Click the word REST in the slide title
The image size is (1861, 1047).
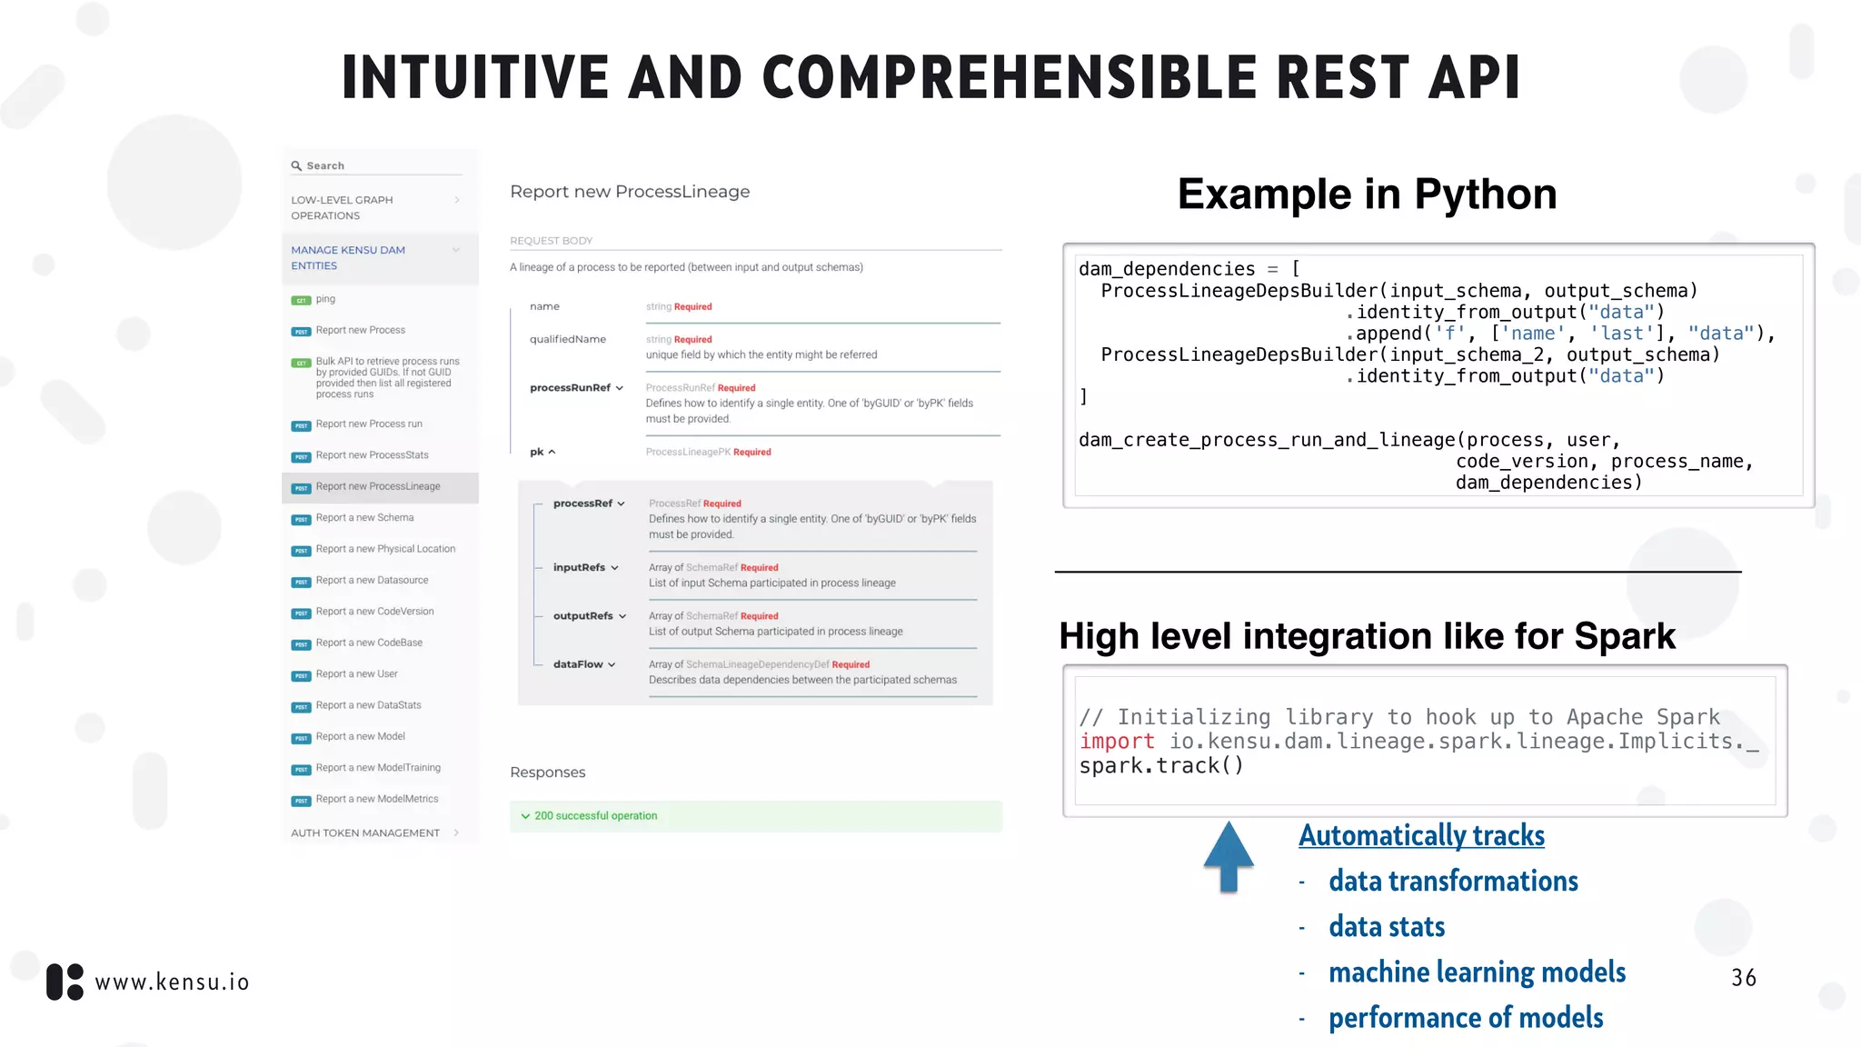[x=1342, y=77]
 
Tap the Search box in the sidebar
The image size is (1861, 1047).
[x=376, y=165]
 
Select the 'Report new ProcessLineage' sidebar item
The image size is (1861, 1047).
[x=378, y=487]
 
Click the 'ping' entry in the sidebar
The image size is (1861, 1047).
[x=325, y=299]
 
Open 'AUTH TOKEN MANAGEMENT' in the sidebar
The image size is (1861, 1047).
[x=365, y=833]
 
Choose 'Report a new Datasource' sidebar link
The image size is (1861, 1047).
[x=372, y=581]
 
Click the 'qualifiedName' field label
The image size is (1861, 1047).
[x=567, y=339]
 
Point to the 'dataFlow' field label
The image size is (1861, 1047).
[x=578, y=664]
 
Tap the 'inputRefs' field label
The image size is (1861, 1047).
[x=579, y=567]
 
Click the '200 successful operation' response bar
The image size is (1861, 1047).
[x=754, y=816]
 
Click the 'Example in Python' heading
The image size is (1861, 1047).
[x=1367, y=194]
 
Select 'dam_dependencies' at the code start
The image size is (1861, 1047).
[x=1167, y=269]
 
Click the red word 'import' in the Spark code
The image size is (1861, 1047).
[x=1117, y=742]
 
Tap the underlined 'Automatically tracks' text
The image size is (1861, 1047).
[x=1421, y=835]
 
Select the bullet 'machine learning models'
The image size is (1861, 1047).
[x=1477, y=972]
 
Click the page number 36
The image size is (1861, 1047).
[x=1743, y=978]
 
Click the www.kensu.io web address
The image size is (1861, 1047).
[x=172, y=982]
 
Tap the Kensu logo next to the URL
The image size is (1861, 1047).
[x=65, y=982]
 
